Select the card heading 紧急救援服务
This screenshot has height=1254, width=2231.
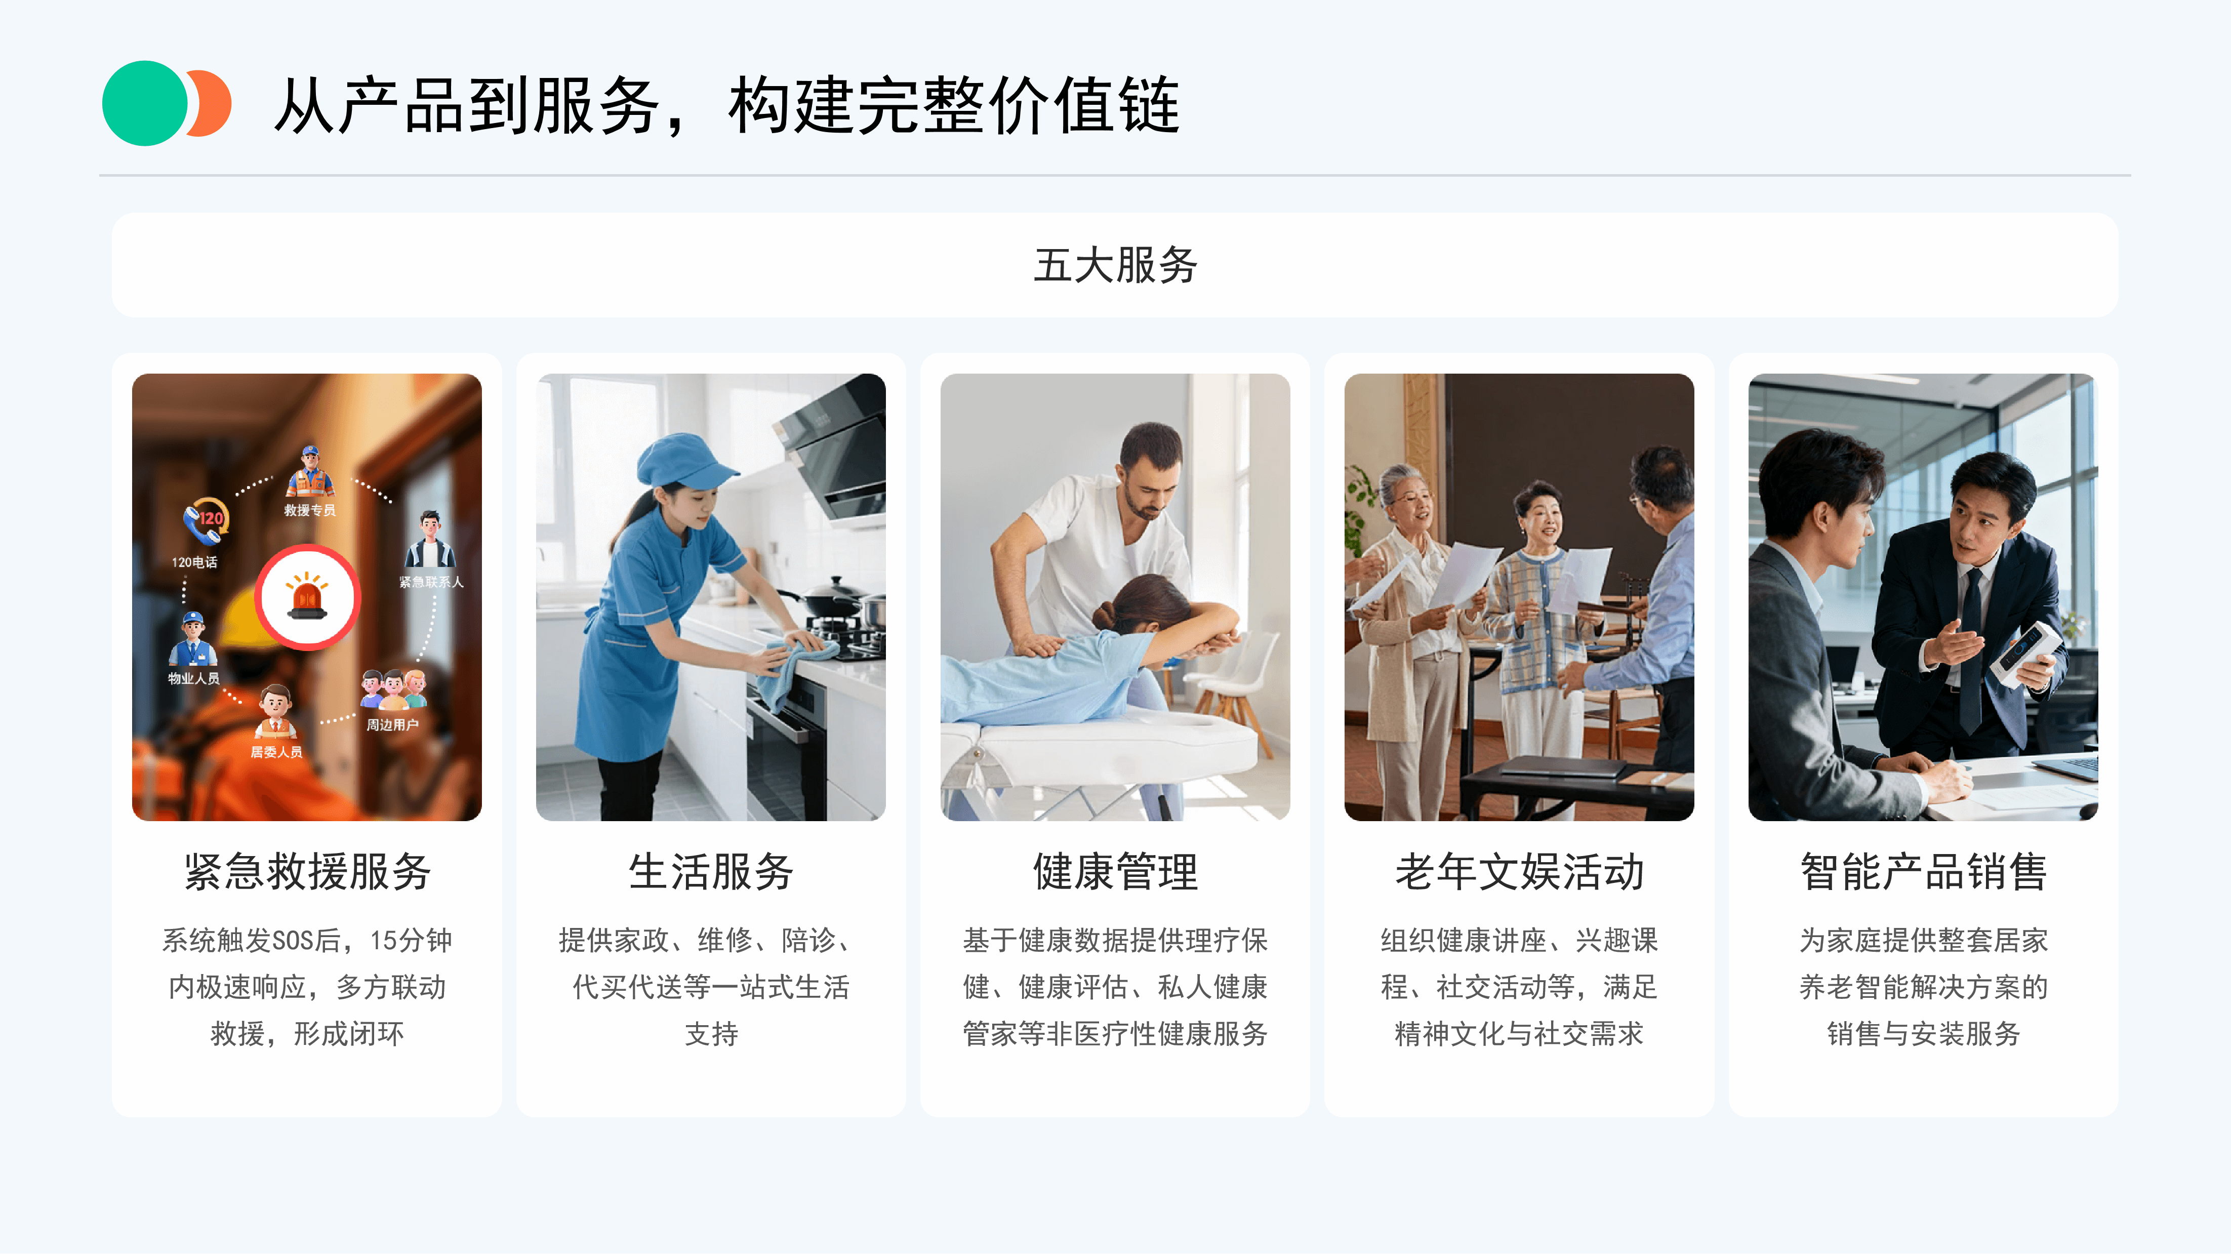click(x=307, y=871)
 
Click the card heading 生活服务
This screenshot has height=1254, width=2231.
click(x=711, y=871)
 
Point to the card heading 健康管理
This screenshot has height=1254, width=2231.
click(x=1116, y=871)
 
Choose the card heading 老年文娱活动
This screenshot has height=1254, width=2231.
click(x=1519, y=871)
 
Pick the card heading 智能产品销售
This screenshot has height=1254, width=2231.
click(x=1924, y=871)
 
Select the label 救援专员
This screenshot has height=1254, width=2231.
click(x=310, y=510)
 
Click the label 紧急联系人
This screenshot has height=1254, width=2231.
click(x=431, y=582)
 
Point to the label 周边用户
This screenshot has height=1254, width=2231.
click(x=392, y=725)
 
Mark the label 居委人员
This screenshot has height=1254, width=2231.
click(x=276, y=752)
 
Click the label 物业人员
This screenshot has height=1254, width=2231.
click(x=193, y=678)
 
